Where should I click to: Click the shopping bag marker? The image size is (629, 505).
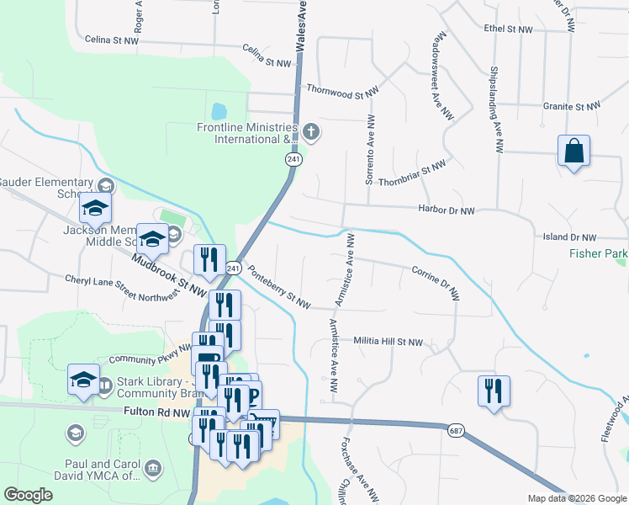pos(573,151)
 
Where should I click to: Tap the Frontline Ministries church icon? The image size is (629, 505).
pos(311,130)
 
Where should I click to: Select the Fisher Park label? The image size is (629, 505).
pos(598,252)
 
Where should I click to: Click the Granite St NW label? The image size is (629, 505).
pos(572,107)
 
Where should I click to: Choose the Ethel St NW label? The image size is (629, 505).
pos(509,29)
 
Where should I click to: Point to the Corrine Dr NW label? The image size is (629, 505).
pos(436,283)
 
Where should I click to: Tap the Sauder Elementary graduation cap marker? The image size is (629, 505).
pos(95,209)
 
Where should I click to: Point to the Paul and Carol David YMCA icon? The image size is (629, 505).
pos(153,467)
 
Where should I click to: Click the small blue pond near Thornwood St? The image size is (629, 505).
pos(219,111)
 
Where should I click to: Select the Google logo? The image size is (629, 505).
pos(29,495)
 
